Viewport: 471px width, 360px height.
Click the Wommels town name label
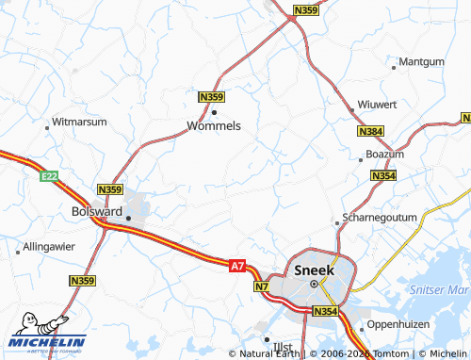[x=214, y=125]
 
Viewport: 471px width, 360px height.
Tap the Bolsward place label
[x=97, y=212]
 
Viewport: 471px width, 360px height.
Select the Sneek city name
[x=314, y=270]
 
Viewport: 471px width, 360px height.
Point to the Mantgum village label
[x=421, y=62]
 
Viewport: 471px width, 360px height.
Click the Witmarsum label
[x=79, y=123]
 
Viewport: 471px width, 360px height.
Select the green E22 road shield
[x=50, y=176]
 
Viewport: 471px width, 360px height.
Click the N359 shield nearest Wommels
[x=211, y=97]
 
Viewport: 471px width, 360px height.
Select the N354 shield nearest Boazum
[x=382, y=176]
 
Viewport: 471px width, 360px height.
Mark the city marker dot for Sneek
[x=314, y=283]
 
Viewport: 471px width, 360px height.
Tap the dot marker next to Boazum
[x=361, y=159]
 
